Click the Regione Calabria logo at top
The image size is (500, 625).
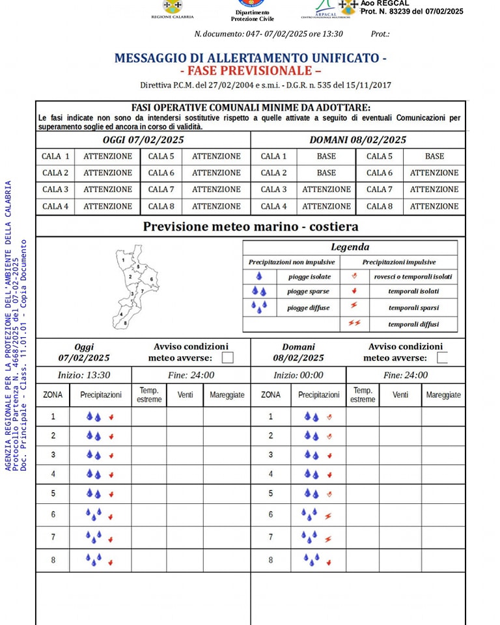click(172, 8)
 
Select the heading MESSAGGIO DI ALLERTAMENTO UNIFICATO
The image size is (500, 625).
click(250, 57)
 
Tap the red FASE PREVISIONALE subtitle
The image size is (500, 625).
click(251, 71)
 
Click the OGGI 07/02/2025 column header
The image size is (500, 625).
click(143, 140)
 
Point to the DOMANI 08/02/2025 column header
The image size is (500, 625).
click(357, 140)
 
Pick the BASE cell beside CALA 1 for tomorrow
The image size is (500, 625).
click(326, 156)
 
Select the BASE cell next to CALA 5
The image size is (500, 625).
click(434, 156)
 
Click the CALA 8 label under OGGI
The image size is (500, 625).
click(161, 206)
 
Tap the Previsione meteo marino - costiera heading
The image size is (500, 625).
click(251, 227)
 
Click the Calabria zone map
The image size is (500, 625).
click(135, 286)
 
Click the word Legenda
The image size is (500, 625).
click(350, 247)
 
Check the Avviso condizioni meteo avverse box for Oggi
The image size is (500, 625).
click(227, 357)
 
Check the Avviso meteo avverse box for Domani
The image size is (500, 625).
click(442, 357)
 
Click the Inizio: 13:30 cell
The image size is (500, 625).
click(84, 375)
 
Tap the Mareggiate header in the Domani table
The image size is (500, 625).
click(443, 395)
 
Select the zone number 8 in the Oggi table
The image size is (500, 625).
click(53, 559)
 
